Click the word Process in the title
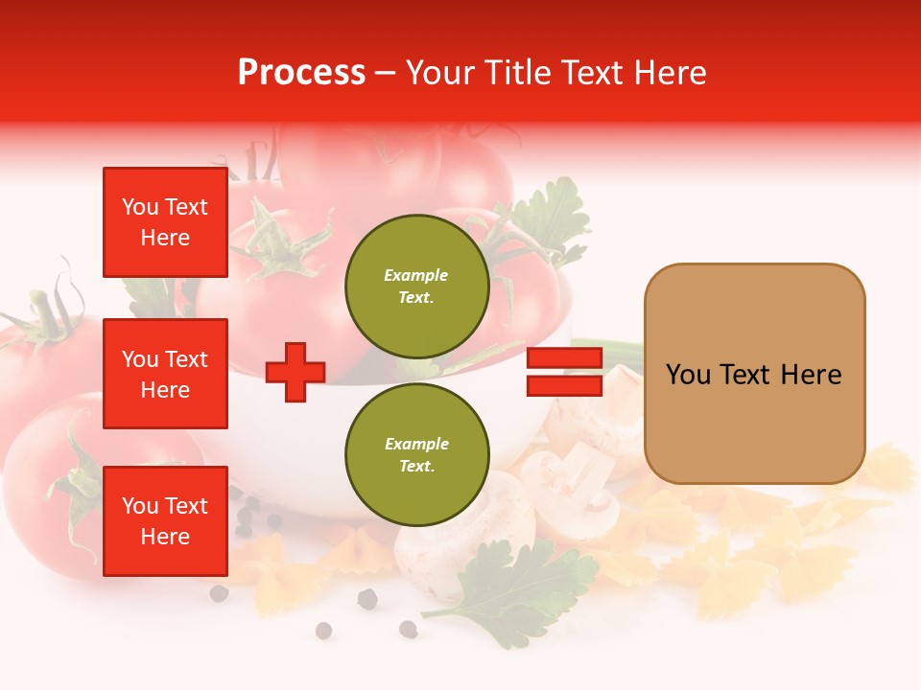301,73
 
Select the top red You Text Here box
165,222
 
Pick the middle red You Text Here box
165,374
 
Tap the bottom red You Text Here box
165,521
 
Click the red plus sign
295,372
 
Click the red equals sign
564,372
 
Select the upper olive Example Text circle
416,287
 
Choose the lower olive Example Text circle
416,455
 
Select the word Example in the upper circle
416,275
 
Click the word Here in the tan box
811,375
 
